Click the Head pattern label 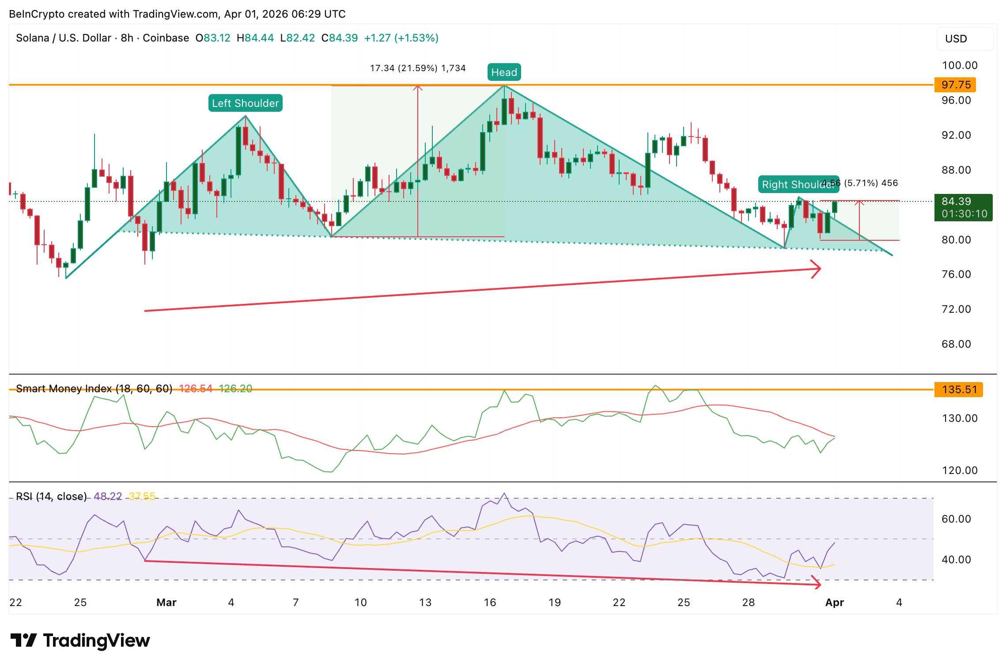(504, 72)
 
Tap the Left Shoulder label (245, 103)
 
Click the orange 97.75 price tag (956, 85)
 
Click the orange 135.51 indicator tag (958, 390)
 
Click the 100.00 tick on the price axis (959, 65)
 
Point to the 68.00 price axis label (956, 344)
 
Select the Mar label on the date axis (166, 603)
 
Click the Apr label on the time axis (835, 603)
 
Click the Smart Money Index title (94, 389)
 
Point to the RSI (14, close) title (51, 496)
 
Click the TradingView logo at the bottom (80, 640)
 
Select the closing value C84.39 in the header (340, 38)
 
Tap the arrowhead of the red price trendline (817, 269)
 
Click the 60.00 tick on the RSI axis (956, 519)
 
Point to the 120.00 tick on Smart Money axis (960, 470)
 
